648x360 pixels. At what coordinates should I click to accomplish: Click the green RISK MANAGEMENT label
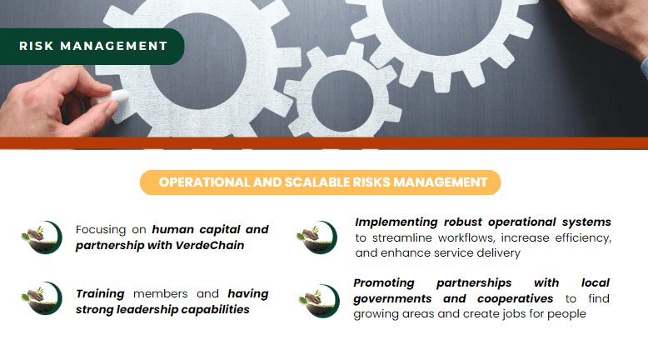92,47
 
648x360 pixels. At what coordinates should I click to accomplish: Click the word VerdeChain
210,246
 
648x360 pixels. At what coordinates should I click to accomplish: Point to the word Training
100,294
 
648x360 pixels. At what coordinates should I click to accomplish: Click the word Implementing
396,222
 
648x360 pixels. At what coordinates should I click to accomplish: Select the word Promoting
383,283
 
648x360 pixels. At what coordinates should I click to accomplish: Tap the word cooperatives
515,299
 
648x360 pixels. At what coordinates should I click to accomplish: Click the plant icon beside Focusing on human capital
42,237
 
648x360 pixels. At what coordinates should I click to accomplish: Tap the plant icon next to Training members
42,298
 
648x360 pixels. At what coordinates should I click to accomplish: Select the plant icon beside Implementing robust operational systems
317,237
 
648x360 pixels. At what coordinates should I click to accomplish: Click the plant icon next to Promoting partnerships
320,301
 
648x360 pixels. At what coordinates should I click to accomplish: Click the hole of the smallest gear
342,101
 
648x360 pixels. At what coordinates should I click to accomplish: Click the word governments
392,299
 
